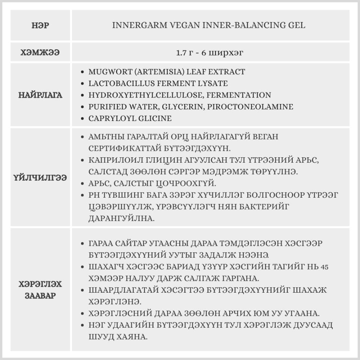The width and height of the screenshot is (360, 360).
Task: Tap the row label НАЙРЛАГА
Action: coord(40,95)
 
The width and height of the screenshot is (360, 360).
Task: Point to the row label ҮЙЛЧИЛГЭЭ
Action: coord(40,178)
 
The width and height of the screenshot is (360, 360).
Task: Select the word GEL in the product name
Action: coord(297,26)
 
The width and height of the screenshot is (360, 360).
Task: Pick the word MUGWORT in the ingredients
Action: coord(105,72)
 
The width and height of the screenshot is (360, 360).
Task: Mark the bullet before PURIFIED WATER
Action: coord(83,107)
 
